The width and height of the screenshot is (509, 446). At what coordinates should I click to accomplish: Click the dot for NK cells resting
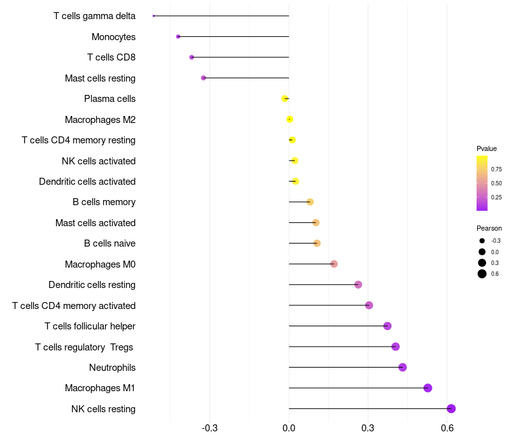click(451, 409)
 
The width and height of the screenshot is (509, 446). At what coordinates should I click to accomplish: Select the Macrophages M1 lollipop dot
click(428, 388)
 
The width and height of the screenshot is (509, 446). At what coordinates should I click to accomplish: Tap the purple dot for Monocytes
click(178, 37)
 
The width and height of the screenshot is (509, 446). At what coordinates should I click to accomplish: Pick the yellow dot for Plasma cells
click(285, 99)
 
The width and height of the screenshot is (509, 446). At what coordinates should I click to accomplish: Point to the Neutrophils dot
click(402, 368)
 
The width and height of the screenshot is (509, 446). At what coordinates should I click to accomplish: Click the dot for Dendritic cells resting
click(358, 285)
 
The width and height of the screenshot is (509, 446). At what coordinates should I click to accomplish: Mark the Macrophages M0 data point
click(334, 264)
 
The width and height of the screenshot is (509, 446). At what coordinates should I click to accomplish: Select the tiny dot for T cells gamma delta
click(154, 16)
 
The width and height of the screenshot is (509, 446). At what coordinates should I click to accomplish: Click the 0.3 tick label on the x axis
click(368, 428)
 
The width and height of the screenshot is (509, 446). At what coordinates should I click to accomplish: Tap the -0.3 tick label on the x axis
click(209, 428)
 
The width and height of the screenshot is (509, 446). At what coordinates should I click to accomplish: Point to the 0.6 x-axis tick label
click(447, 428)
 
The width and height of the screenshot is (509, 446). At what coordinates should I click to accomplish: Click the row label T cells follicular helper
click(90, 326)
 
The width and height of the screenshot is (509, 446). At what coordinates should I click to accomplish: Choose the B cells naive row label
click(109, 243)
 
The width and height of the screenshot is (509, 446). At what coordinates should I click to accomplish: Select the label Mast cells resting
click(100, 78)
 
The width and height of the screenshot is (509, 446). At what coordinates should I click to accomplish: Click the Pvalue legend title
click(487, 148)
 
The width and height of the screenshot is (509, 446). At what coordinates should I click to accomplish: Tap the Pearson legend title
click(489, 228)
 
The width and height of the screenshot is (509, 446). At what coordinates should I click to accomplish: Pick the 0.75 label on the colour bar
click(496, 169)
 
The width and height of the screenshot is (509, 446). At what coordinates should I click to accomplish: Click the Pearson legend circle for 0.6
click(482, 274)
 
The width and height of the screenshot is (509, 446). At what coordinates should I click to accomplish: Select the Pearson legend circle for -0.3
click(482, 241)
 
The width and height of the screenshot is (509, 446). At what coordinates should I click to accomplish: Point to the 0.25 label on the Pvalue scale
click(496, 198)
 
